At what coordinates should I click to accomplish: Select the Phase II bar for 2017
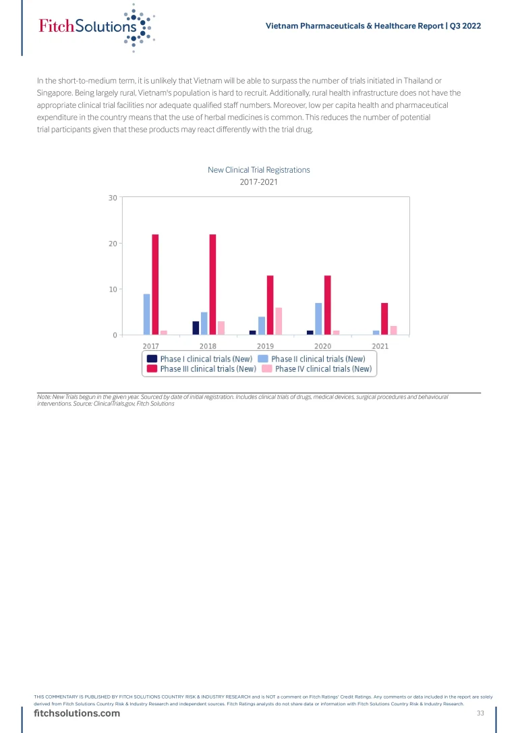click(146, 315)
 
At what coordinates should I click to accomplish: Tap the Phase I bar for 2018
click(196, 328)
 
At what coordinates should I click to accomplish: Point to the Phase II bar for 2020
click(318, 319)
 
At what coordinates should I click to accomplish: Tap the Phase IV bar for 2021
click(393, 330)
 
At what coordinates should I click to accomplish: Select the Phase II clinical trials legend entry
click(312, 359)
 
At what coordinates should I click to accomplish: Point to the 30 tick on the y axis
click(112, 197)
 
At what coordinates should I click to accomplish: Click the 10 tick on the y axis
click(112, 289)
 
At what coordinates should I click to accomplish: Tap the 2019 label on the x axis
click(265, 346)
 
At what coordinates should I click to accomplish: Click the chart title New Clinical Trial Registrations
click(259, 170)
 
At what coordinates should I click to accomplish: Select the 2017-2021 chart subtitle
click(259, 182)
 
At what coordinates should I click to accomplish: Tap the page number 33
click(480, 713)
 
